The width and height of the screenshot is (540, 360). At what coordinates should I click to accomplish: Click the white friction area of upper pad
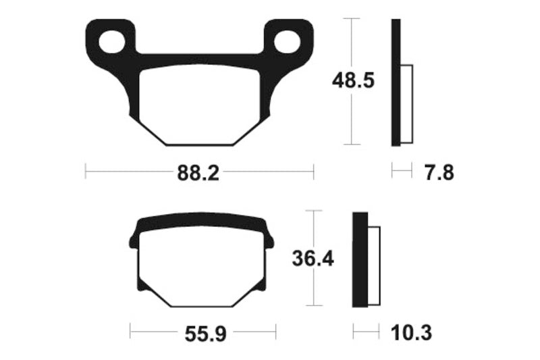pyautogui.click(x=199, y=105)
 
